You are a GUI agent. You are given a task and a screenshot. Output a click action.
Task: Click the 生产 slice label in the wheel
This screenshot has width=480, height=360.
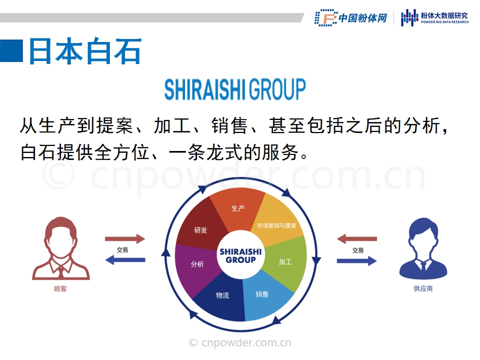(238, 208)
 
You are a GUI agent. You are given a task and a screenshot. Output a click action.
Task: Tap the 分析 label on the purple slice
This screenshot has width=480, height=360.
(197, 264)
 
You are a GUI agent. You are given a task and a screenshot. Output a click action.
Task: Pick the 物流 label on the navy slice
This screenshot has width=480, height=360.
(222, 295)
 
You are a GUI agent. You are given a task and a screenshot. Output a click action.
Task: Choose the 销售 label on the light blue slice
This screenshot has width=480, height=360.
(262, 294)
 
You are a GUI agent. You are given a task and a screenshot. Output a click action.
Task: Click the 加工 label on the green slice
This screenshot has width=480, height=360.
(285, 261)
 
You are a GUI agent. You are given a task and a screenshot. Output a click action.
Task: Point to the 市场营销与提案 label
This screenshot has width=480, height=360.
(276, 225)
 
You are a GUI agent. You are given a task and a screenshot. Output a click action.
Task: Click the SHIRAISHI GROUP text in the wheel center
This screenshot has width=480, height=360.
(240, 255)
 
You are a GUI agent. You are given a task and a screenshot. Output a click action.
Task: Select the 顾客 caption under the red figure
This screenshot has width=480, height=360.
(60, 288)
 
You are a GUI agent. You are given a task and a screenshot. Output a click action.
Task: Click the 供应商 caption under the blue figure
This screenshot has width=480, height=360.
(423, 288)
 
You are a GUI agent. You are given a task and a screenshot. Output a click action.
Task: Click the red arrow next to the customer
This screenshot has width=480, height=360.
(125, 239)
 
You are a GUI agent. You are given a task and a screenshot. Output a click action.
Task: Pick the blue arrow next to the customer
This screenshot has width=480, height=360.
(125, 260)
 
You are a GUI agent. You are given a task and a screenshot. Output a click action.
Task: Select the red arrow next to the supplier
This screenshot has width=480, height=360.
(357, 239)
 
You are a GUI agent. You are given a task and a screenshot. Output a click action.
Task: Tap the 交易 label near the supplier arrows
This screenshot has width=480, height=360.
(358, 250)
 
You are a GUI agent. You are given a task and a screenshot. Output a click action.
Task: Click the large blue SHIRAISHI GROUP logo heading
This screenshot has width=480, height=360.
(235, 89)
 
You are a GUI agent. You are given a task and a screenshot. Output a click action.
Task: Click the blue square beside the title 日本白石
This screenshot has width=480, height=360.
(11, 51)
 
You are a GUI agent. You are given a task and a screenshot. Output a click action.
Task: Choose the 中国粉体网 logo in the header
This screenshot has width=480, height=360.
(351, 18)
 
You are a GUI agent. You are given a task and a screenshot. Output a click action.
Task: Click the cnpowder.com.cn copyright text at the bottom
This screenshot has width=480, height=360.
(240, 342)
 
